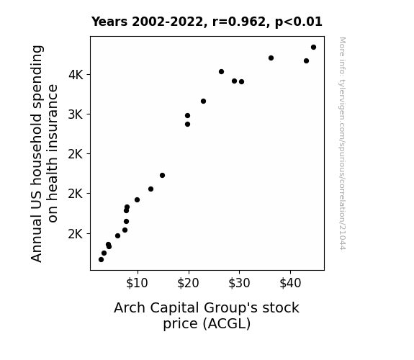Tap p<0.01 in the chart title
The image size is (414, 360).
[x=299, y=22]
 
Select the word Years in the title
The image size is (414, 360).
[x=109, y=22]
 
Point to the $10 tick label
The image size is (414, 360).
[x=137, y=283]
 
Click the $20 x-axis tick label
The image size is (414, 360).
[x=188, y=283]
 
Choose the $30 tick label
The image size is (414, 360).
[x=239, y=283]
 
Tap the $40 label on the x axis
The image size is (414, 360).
[x=290, y=283]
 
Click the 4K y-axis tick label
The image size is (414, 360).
[x=76, y=75]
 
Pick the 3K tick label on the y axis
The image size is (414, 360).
[x=76, y=114]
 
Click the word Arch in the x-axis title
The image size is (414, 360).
[x=130, y=308]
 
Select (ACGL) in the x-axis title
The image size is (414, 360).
[x=227, y=324]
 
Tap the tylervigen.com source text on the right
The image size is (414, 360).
[x=343, y=143]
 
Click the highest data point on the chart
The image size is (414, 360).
[x=313, y=48]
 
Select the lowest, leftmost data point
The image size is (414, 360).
[x=101, y=260]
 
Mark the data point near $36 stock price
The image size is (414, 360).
[x=271, y=58]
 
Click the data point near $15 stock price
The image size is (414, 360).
[x=163, y=176]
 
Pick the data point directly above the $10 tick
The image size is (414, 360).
[x=137, y=199]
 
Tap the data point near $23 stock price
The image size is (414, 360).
[x=203, y=101]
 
